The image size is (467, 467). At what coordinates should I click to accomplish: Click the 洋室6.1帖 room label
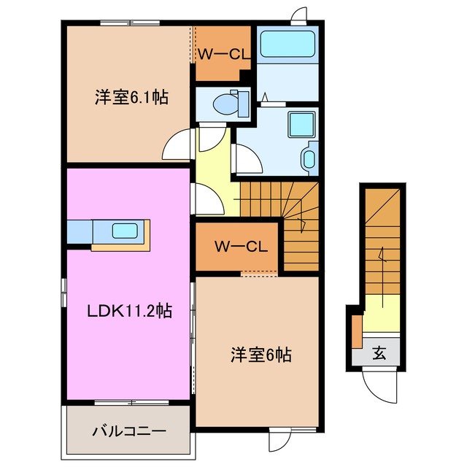(131, 96)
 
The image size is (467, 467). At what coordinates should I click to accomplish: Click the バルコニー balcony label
(128, 431)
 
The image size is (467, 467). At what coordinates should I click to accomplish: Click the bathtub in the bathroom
(287, 45)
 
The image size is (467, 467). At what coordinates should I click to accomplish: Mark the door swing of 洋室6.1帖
(177, 146)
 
